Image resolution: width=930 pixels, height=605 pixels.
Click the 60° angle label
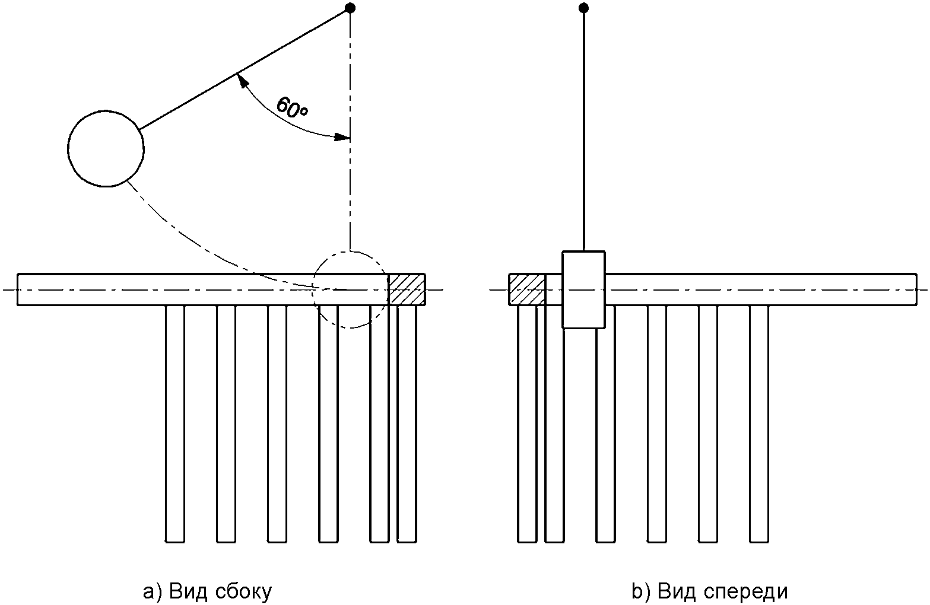pyautogui.click(x=292, y=107)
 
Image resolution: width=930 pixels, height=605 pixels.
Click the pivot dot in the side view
pyautogui.click(x=350, y=8)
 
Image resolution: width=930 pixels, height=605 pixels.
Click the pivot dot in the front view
pyautogui.click(x=584, y=8)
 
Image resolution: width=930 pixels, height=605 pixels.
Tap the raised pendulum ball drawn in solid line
pyautogui.click(x=106, y=148)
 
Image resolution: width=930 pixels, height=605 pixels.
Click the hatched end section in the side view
pyautogui.click(x=407, y=289)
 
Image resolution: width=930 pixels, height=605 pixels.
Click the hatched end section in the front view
pyautogui.click(x=527, y=289)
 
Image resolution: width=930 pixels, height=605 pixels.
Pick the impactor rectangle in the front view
pyautogui.click(x=584, y=289)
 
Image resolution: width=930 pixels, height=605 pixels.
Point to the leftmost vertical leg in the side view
pyautogui.click(x=175, y=423)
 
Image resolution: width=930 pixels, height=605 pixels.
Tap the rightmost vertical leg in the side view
pyautogui.click(x=407, y=423)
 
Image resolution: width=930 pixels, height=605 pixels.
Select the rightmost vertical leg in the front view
pyautogui.click(x=759, y=423)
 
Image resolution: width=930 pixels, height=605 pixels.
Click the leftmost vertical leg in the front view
pyautogui.click(x=527, y=423)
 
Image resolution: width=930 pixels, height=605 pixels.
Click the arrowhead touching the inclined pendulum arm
pyautogui.click(x=242, y=81)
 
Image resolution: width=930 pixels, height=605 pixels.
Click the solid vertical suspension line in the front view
pyautogui.click(x=584, y=129)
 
